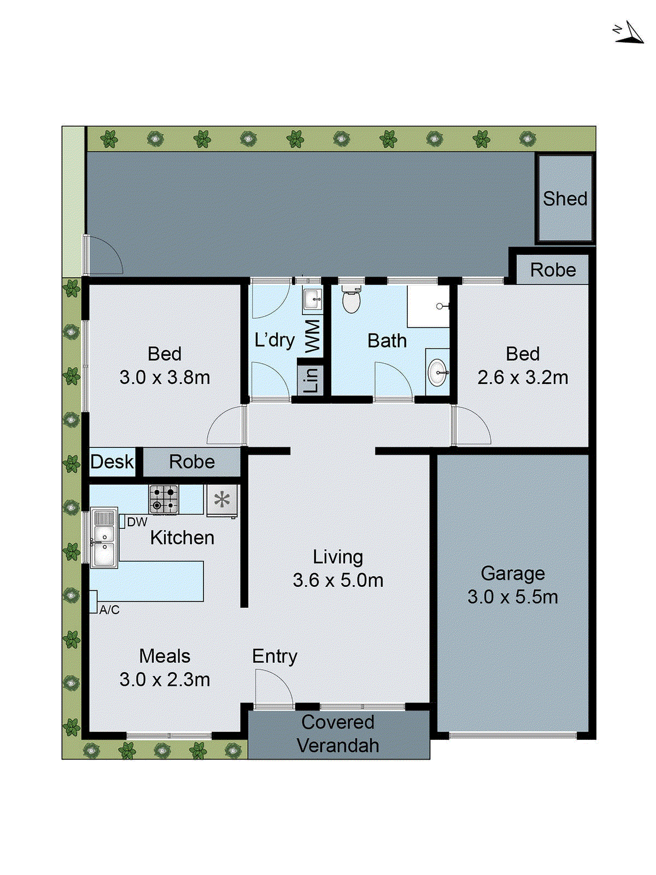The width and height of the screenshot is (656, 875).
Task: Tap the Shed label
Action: point(565,199)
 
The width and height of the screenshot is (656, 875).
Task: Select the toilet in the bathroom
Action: point(351,299)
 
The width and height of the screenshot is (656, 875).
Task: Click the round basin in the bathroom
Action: point(437,372)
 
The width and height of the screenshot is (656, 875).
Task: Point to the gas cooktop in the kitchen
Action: point(163,499)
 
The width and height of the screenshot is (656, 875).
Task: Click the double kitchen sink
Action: point(103,539)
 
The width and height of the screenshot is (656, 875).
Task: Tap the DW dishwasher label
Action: point(137,522)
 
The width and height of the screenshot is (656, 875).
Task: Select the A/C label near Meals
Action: point(109,610)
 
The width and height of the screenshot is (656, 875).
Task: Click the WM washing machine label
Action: point(312,336)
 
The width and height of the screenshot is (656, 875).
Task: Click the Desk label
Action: point(112,462)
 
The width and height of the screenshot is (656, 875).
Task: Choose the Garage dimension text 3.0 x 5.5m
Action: point(513,597)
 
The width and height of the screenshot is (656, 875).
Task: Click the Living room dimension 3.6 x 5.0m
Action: point(338,580)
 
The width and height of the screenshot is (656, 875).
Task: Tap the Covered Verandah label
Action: point(338,734)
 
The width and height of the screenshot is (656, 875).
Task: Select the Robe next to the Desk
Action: point(191,462)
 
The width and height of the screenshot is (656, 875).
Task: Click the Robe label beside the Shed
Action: point(553,270)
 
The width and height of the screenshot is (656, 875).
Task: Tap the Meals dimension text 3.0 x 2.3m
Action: point(165,680)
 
